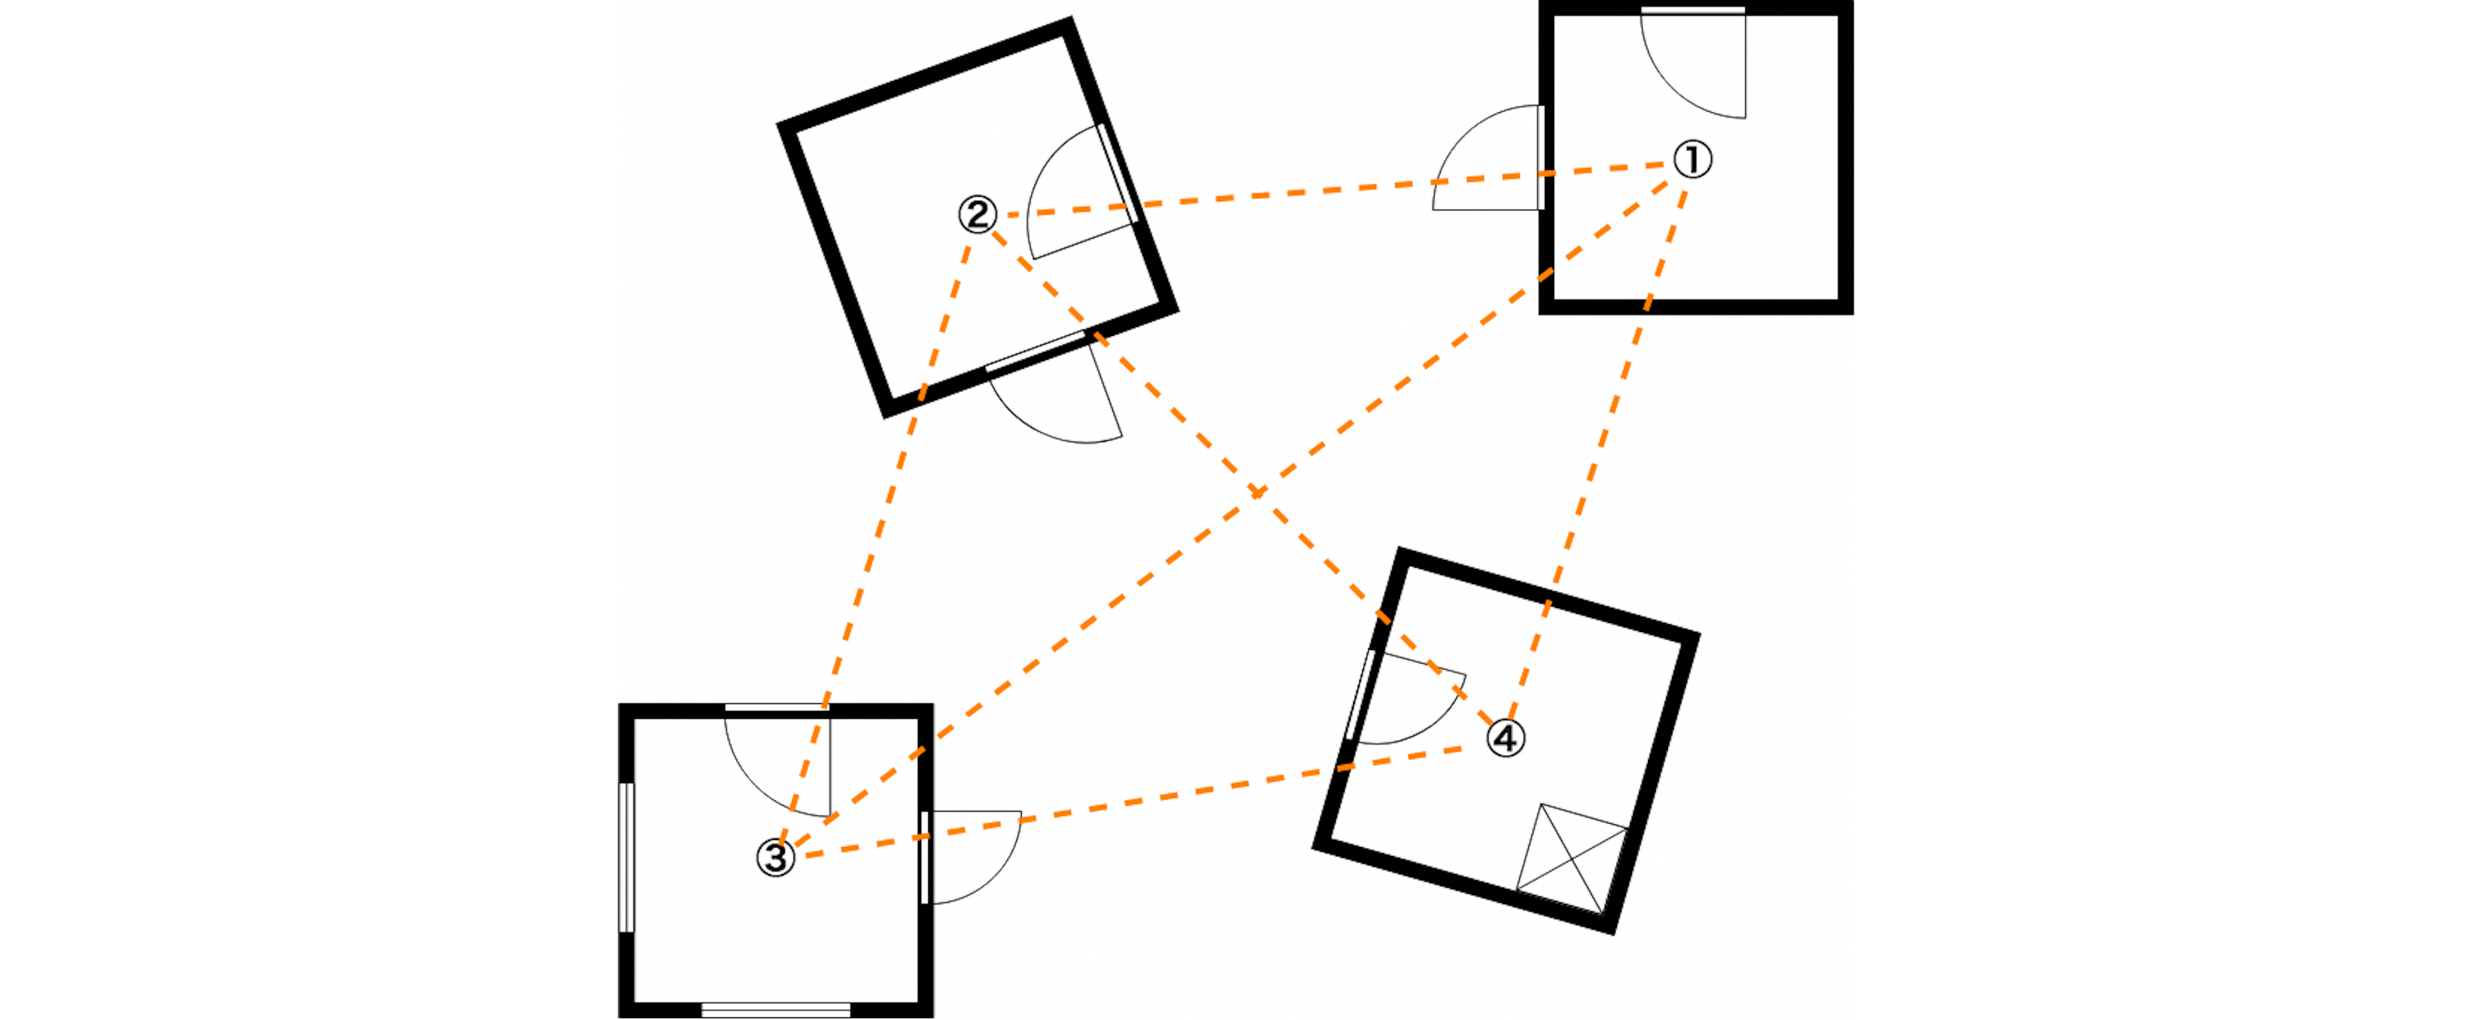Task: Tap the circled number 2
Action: point(978,214)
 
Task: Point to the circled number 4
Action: point(1506,738)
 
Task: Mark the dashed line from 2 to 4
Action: point(1242,477)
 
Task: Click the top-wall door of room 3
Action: point(777,761)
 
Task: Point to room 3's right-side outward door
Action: point(971,857)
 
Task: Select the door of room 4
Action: point(1406,698)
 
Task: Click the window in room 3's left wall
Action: point(626,857)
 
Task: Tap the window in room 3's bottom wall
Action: point(776,1010)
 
